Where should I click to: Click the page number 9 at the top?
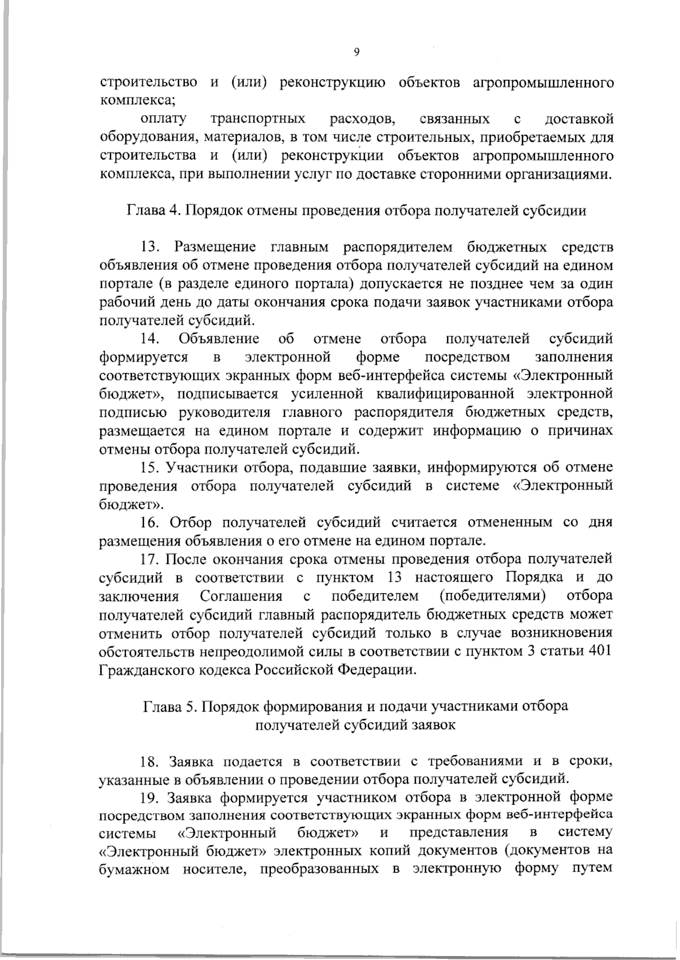point(356,52)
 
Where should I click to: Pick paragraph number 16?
point(150,522)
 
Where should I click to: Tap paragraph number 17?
point(150,559)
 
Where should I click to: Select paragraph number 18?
point(150,761)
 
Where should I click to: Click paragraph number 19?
point(150,797)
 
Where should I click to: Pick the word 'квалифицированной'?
point(441,394)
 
